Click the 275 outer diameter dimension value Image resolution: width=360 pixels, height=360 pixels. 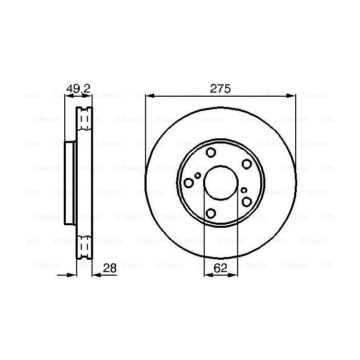(220, 88)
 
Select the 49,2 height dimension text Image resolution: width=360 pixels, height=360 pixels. (79, 88)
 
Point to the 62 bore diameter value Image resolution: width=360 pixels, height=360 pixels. (220, 268)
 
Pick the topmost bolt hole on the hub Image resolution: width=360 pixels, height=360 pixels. (211, 152)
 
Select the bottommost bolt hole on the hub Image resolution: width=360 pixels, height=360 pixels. (211, 212)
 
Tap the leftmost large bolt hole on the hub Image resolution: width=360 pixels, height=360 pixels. (189, 183)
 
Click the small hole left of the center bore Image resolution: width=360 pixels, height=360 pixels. (198, 176)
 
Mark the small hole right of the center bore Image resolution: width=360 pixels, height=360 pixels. (244, 190)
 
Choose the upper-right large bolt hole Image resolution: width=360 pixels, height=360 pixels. (247, 164)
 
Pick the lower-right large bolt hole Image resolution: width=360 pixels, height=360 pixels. (247, 201)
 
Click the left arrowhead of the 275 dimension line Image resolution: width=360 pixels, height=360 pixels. (149, 95)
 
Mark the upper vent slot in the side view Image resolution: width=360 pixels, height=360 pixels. (84, 119)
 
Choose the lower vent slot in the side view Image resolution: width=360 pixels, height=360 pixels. (84, 246)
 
